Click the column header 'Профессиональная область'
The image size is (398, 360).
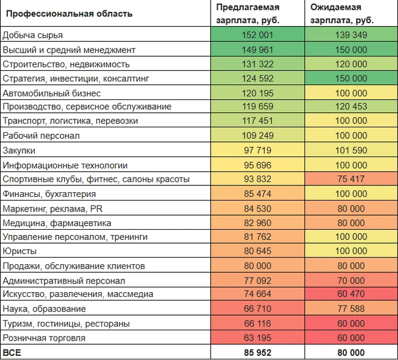(69, 13)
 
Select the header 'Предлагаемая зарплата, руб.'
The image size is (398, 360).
(248, 14)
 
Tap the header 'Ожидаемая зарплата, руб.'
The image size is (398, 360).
(342, 14)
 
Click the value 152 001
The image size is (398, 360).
(257, 35)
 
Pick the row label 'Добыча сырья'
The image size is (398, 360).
(33, 35)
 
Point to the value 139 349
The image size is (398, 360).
(351, 35)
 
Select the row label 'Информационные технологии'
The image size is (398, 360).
(65, 165)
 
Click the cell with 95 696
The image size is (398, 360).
(258, 165)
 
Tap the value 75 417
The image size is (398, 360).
(351, 179)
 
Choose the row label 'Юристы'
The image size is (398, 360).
(19, 251)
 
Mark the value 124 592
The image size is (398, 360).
(257, 78)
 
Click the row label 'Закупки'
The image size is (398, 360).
(19, 150)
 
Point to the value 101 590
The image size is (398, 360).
(351, 150)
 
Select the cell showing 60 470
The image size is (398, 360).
(351, 293)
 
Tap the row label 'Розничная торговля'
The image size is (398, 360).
(44, 338)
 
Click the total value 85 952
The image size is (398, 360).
(258, 353)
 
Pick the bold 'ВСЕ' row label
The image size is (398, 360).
(12, 353)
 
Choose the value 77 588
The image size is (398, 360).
(351, 308)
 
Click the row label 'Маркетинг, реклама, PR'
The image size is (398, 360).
(53, 209)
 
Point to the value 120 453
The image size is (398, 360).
(351, 107)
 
